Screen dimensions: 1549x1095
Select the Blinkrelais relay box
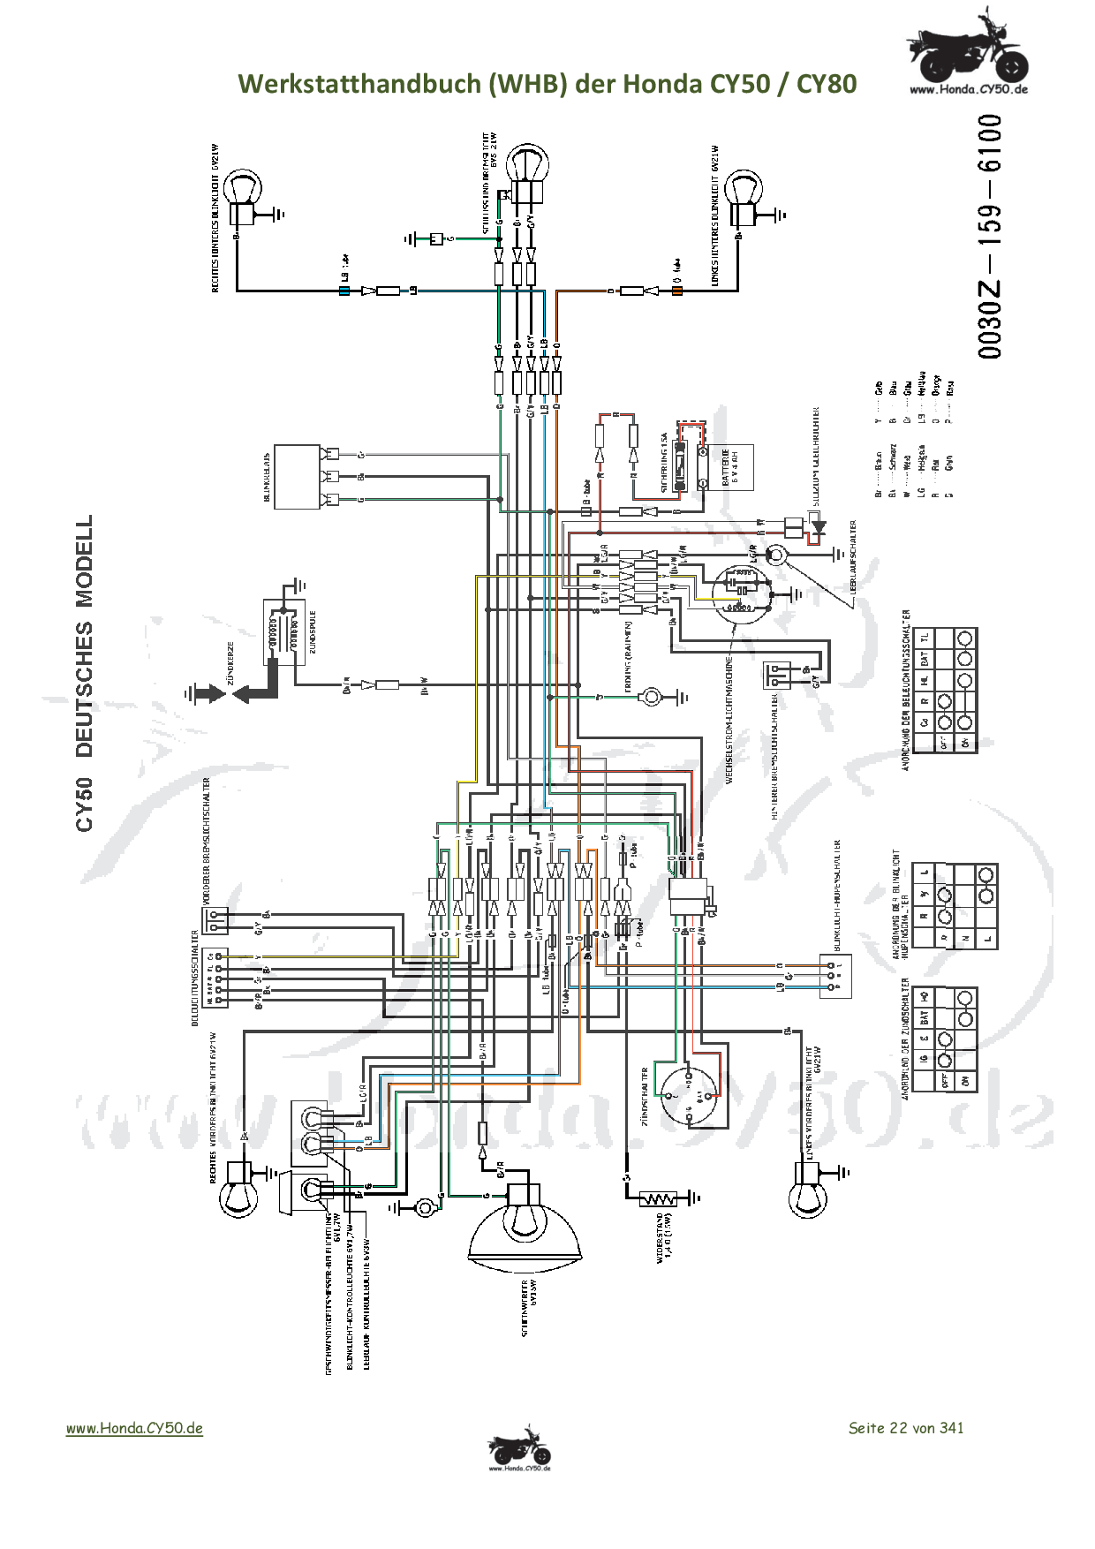(296, 477)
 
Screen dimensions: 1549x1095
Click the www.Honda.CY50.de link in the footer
(134, 1428)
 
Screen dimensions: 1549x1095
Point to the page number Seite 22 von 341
(905, 1427)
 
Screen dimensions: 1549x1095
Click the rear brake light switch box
(776, 676)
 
